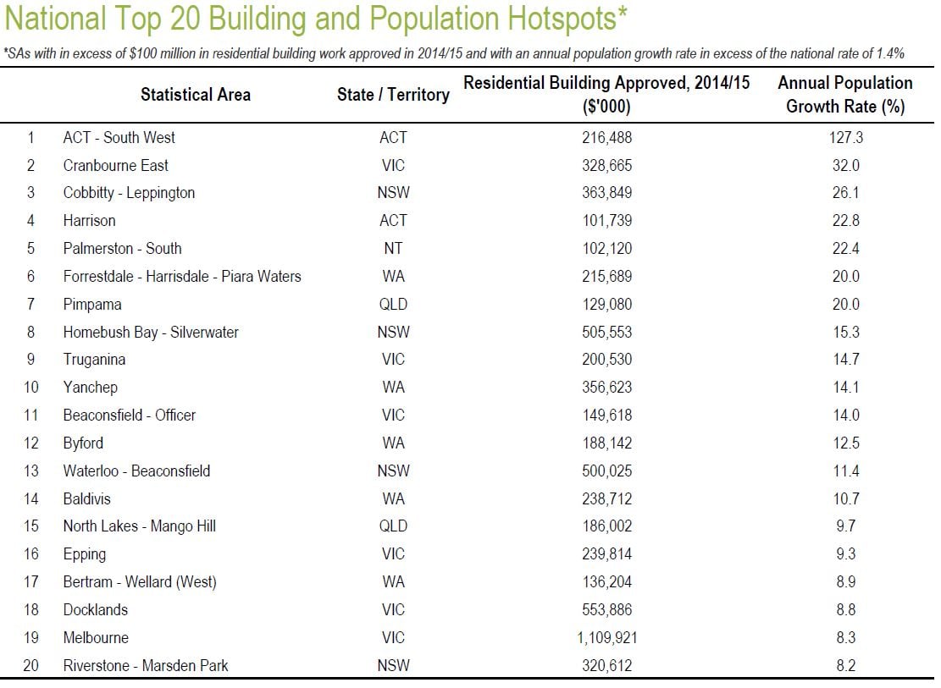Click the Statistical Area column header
click(x=196, y=95)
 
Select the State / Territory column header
click(x=393, y=95)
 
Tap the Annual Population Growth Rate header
click(x=845, y=95)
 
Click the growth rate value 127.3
click(x=845, y=137)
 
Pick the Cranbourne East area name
click(x=116, y=166)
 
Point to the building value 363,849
click(x=606, y=193)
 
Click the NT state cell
click(x=393, y=248)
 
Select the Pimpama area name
click(x=92, y=305)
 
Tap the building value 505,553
click(x=606, y=333)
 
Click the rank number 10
click(x=31, y=388)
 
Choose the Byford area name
click(x=83, y=443)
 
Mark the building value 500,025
click(x=606, y=471)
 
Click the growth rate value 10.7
click(x=846, y=499)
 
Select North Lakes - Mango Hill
click(x=139, y=526)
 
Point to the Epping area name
click(x=85, y=554)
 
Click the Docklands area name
click(x=96, y=610)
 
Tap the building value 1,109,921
click(x=606, y=637)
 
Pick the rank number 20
click(x=31, y=666)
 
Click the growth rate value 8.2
click(x=846, y=666)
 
